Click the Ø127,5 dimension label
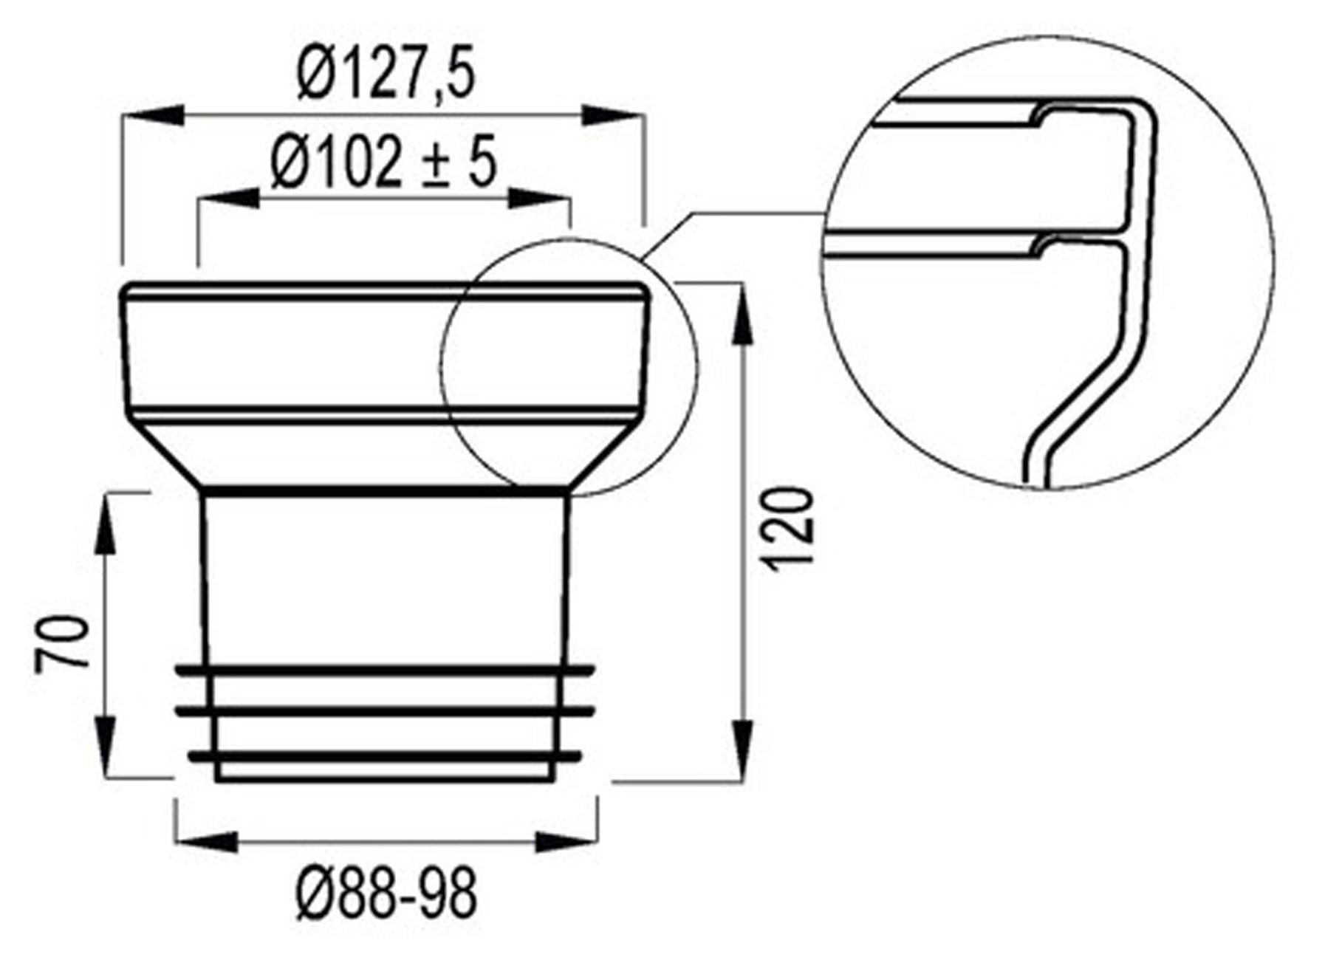(x=385, y=75)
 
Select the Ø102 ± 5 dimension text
(x=383, y=164)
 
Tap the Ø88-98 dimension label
(x=386, y=894)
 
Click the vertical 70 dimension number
(x=62, y=642)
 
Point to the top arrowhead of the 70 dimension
(x=105, y=524)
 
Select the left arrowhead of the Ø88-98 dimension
(x=207, y=841)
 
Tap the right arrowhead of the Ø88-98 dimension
(x=565, y=841)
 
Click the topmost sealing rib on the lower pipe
(x=385, y=671)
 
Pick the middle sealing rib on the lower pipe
(x=385, y=712)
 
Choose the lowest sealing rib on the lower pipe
(x=385, y=756)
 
